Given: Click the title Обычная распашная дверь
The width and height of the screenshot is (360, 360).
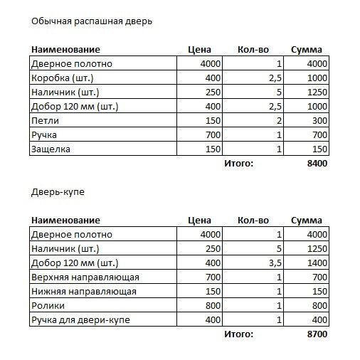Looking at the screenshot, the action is point(92,21).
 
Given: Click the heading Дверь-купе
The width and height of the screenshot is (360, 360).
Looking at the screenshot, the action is point(58,192).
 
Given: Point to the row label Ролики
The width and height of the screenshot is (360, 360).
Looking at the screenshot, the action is point(48,305).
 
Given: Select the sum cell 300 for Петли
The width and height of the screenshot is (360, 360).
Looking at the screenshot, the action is point(319,120).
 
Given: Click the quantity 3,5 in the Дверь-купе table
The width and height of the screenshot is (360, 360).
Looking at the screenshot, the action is point(276,263).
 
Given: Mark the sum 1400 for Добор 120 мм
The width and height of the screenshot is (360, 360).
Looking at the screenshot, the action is point(317,263).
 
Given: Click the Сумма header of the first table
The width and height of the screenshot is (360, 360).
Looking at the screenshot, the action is point(307,50).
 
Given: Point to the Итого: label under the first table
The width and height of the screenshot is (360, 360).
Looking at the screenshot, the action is point(238,164).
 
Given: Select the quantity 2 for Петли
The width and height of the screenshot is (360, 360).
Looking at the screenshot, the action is point(280,120).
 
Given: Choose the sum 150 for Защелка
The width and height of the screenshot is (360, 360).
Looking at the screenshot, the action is point(319,149).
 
